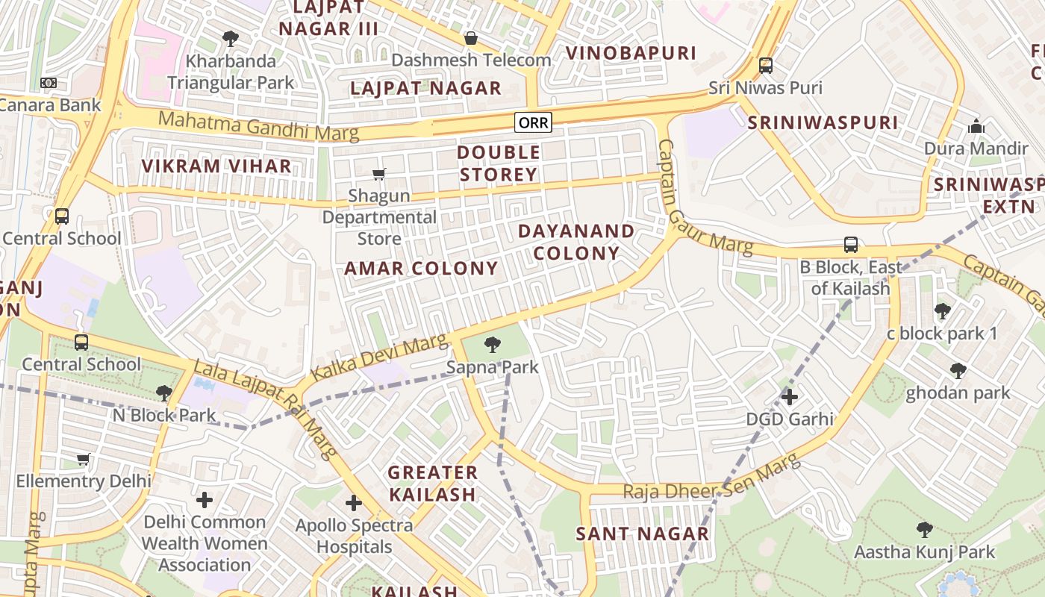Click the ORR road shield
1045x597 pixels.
point(534,122)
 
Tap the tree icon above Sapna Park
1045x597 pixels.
point(492,345)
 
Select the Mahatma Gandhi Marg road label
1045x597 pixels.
point(258,126)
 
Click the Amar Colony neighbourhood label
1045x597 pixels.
point(421,269)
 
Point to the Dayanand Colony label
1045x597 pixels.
point(576,242)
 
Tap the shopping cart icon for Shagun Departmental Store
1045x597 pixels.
point(379,175)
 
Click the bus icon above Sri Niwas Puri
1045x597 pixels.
point(766,66)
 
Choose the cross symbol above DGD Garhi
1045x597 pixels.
point(790,396)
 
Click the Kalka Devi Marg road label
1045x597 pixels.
point(378,358)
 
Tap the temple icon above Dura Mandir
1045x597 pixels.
point(976,127)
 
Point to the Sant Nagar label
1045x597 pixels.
point(642,534)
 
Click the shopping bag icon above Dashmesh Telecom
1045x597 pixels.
point(471,38)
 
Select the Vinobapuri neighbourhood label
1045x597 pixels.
point(631,53)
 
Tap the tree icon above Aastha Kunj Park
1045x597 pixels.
point(925,530)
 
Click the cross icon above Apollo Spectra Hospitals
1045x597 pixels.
point(354,503)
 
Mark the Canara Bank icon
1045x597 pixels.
point(49,83)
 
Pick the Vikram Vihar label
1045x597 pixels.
point(216,166)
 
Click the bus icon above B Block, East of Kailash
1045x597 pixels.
point(850,245)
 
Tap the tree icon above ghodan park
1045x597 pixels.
point(958,371)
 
